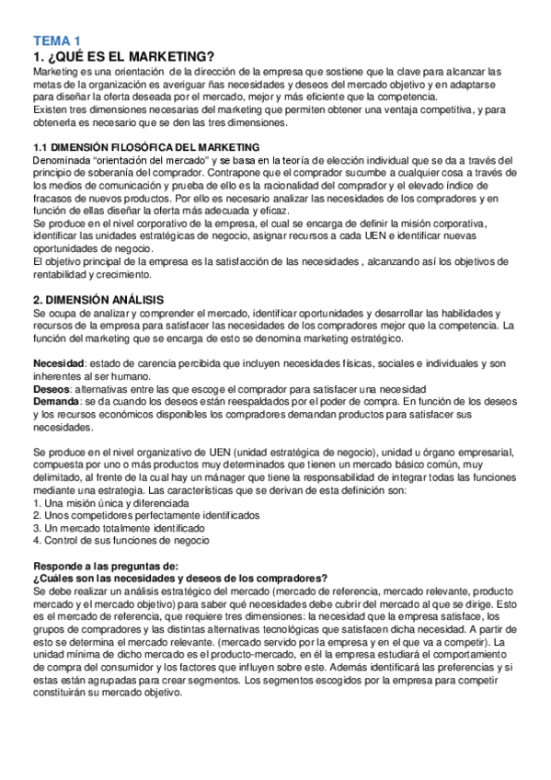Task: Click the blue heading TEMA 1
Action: [57, 40]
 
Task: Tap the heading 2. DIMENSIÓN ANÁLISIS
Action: [98, 300]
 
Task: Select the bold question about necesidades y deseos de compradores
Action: [180, 578]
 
